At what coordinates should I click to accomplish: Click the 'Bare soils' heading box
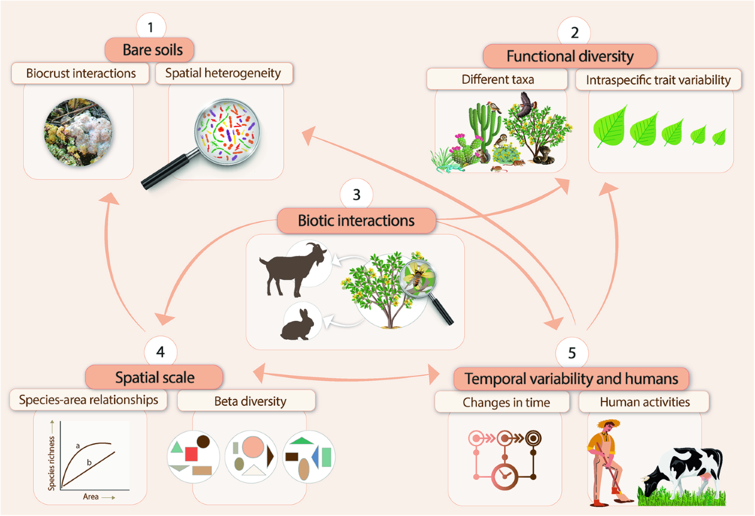click(153, 50)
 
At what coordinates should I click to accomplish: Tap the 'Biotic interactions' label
click(356, 221)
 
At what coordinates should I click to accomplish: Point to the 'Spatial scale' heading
click(154, 378)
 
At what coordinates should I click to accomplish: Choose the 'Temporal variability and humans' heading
click(571, 379)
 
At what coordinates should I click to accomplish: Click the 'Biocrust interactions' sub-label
click(81, 73)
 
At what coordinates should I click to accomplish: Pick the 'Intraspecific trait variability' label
click(658, 80)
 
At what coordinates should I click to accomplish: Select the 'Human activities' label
click(644, 401)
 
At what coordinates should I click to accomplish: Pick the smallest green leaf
click(719, 135)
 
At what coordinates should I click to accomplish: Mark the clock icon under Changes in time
click(503, 476)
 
